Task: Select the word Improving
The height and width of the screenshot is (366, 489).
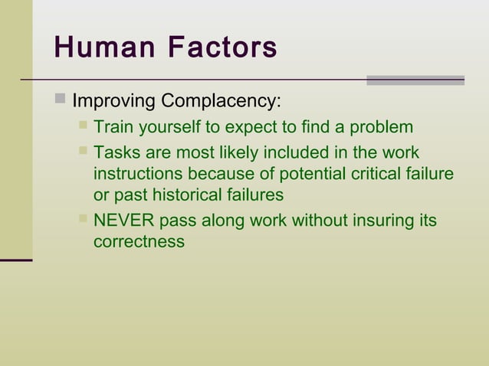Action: (113, 101)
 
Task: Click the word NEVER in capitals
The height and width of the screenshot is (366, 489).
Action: (123, 221)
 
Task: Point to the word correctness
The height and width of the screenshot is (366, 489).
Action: (139, 242)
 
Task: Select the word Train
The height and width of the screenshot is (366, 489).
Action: (112, 127)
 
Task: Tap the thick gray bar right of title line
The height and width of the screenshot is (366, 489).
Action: (415, 80)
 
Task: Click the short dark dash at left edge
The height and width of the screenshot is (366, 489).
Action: (16, 260)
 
